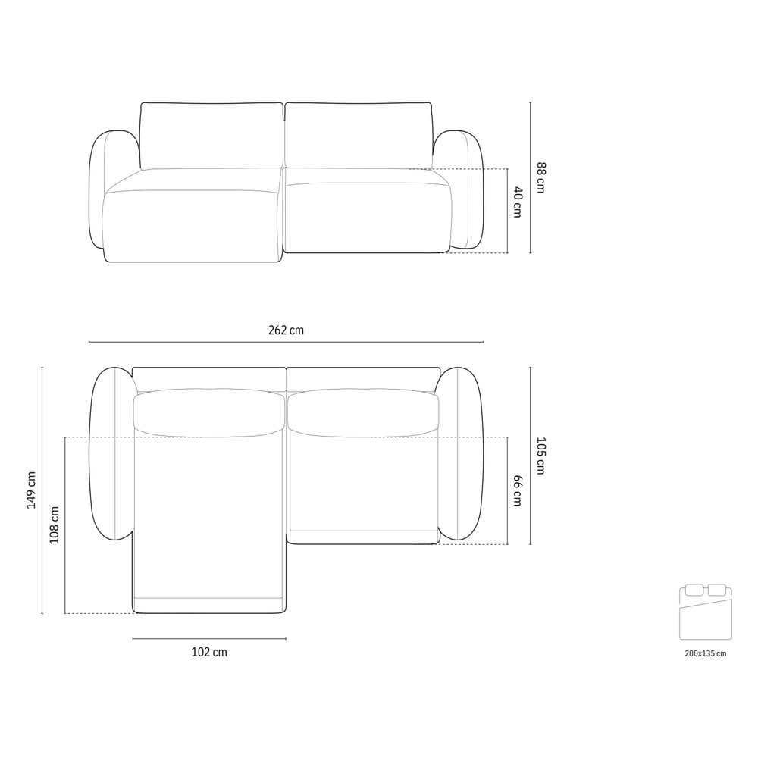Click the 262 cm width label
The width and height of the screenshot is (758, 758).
click(286, 330)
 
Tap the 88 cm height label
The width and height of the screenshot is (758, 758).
click(541, 178)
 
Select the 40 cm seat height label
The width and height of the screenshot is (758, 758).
click(517, 202)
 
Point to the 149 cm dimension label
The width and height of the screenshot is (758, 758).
click(31, 490)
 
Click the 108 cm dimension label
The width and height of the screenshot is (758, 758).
click(54, 525)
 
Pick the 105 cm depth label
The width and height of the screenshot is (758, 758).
click(541, 456)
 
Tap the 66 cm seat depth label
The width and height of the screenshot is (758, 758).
click(517, 490)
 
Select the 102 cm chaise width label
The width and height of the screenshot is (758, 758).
click(209, 652)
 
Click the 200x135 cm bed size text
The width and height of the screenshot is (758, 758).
click(705, 653)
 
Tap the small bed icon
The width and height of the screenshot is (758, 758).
click(705, 612)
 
